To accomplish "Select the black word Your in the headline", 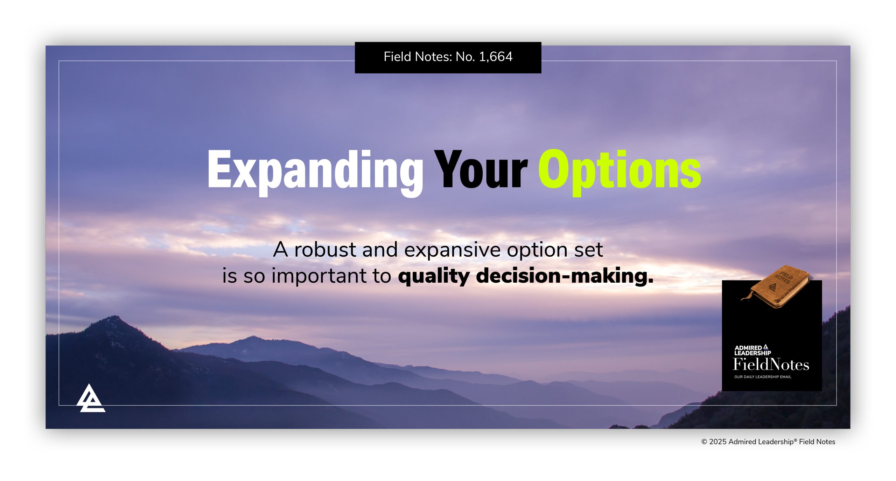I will pyautogui.click(x=481, y=169).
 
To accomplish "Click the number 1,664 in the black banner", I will pyautogui.click(x=496, y=57).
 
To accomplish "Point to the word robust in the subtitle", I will pyautogui.click(x=325, y=250).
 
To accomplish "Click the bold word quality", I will pyautogui.click(x=434, y=276).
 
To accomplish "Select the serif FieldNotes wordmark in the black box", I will pyautogui.click(x=771, y=365).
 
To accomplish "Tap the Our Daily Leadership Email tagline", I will pyautogui.click(x=763, y=377).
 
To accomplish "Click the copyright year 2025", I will pyautogui.click(x=717, y=442).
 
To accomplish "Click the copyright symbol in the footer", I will pyautogui.click(x=704, y=442).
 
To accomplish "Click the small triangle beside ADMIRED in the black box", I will pyautogui.click(x=766, y=347).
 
